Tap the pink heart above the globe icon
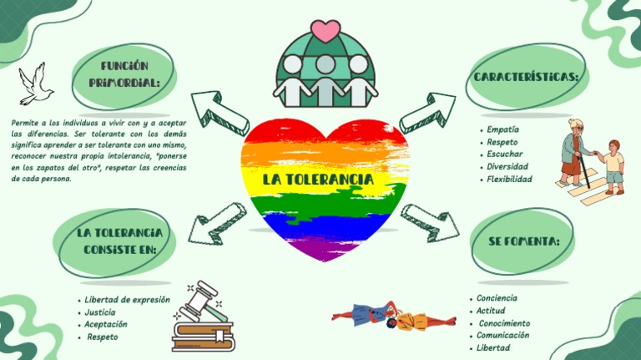(324, 31)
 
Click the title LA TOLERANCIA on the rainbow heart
(318, 179)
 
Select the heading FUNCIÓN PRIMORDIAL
(124, 74)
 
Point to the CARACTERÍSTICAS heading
(527, 77)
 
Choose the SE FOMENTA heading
(523, 241)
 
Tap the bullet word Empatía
(503, 129)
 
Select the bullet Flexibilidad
(509, 179)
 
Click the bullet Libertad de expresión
(128, 299)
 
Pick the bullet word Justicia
(100, 312)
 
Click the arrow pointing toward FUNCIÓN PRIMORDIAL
(219, 112)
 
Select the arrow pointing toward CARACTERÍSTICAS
(427, 113)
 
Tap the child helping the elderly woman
(613, 165)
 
